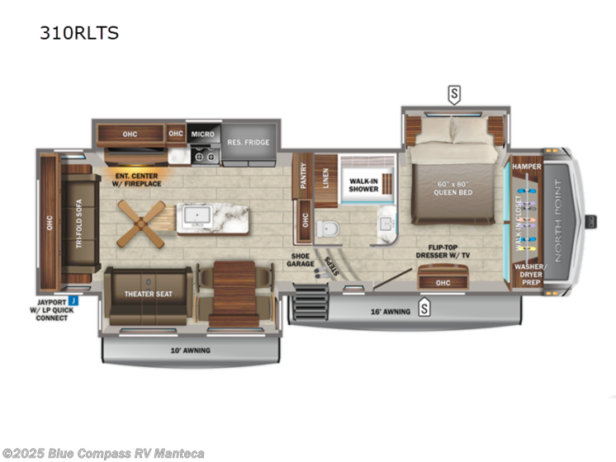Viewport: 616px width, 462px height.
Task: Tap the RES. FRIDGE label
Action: tap(249, 142)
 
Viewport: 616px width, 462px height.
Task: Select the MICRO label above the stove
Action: tap(202, 134)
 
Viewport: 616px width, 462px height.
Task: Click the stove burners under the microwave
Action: tap(204, 154)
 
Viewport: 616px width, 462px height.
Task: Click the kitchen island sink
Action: tap(197, 216)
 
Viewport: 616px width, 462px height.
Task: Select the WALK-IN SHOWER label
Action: tap(363, 184)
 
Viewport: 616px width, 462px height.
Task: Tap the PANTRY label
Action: tap(304, 176)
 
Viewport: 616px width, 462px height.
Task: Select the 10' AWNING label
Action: tap(192, 351)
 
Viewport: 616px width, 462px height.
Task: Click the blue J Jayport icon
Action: tap(73, 300)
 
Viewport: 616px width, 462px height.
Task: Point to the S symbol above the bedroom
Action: tap(453, 94)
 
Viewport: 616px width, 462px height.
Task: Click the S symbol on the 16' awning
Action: tap(424, 309)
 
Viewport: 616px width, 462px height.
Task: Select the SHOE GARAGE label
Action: tap(301, 259)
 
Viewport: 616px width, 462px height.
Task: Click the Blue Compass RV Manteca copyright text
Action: tap(103, 453)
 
